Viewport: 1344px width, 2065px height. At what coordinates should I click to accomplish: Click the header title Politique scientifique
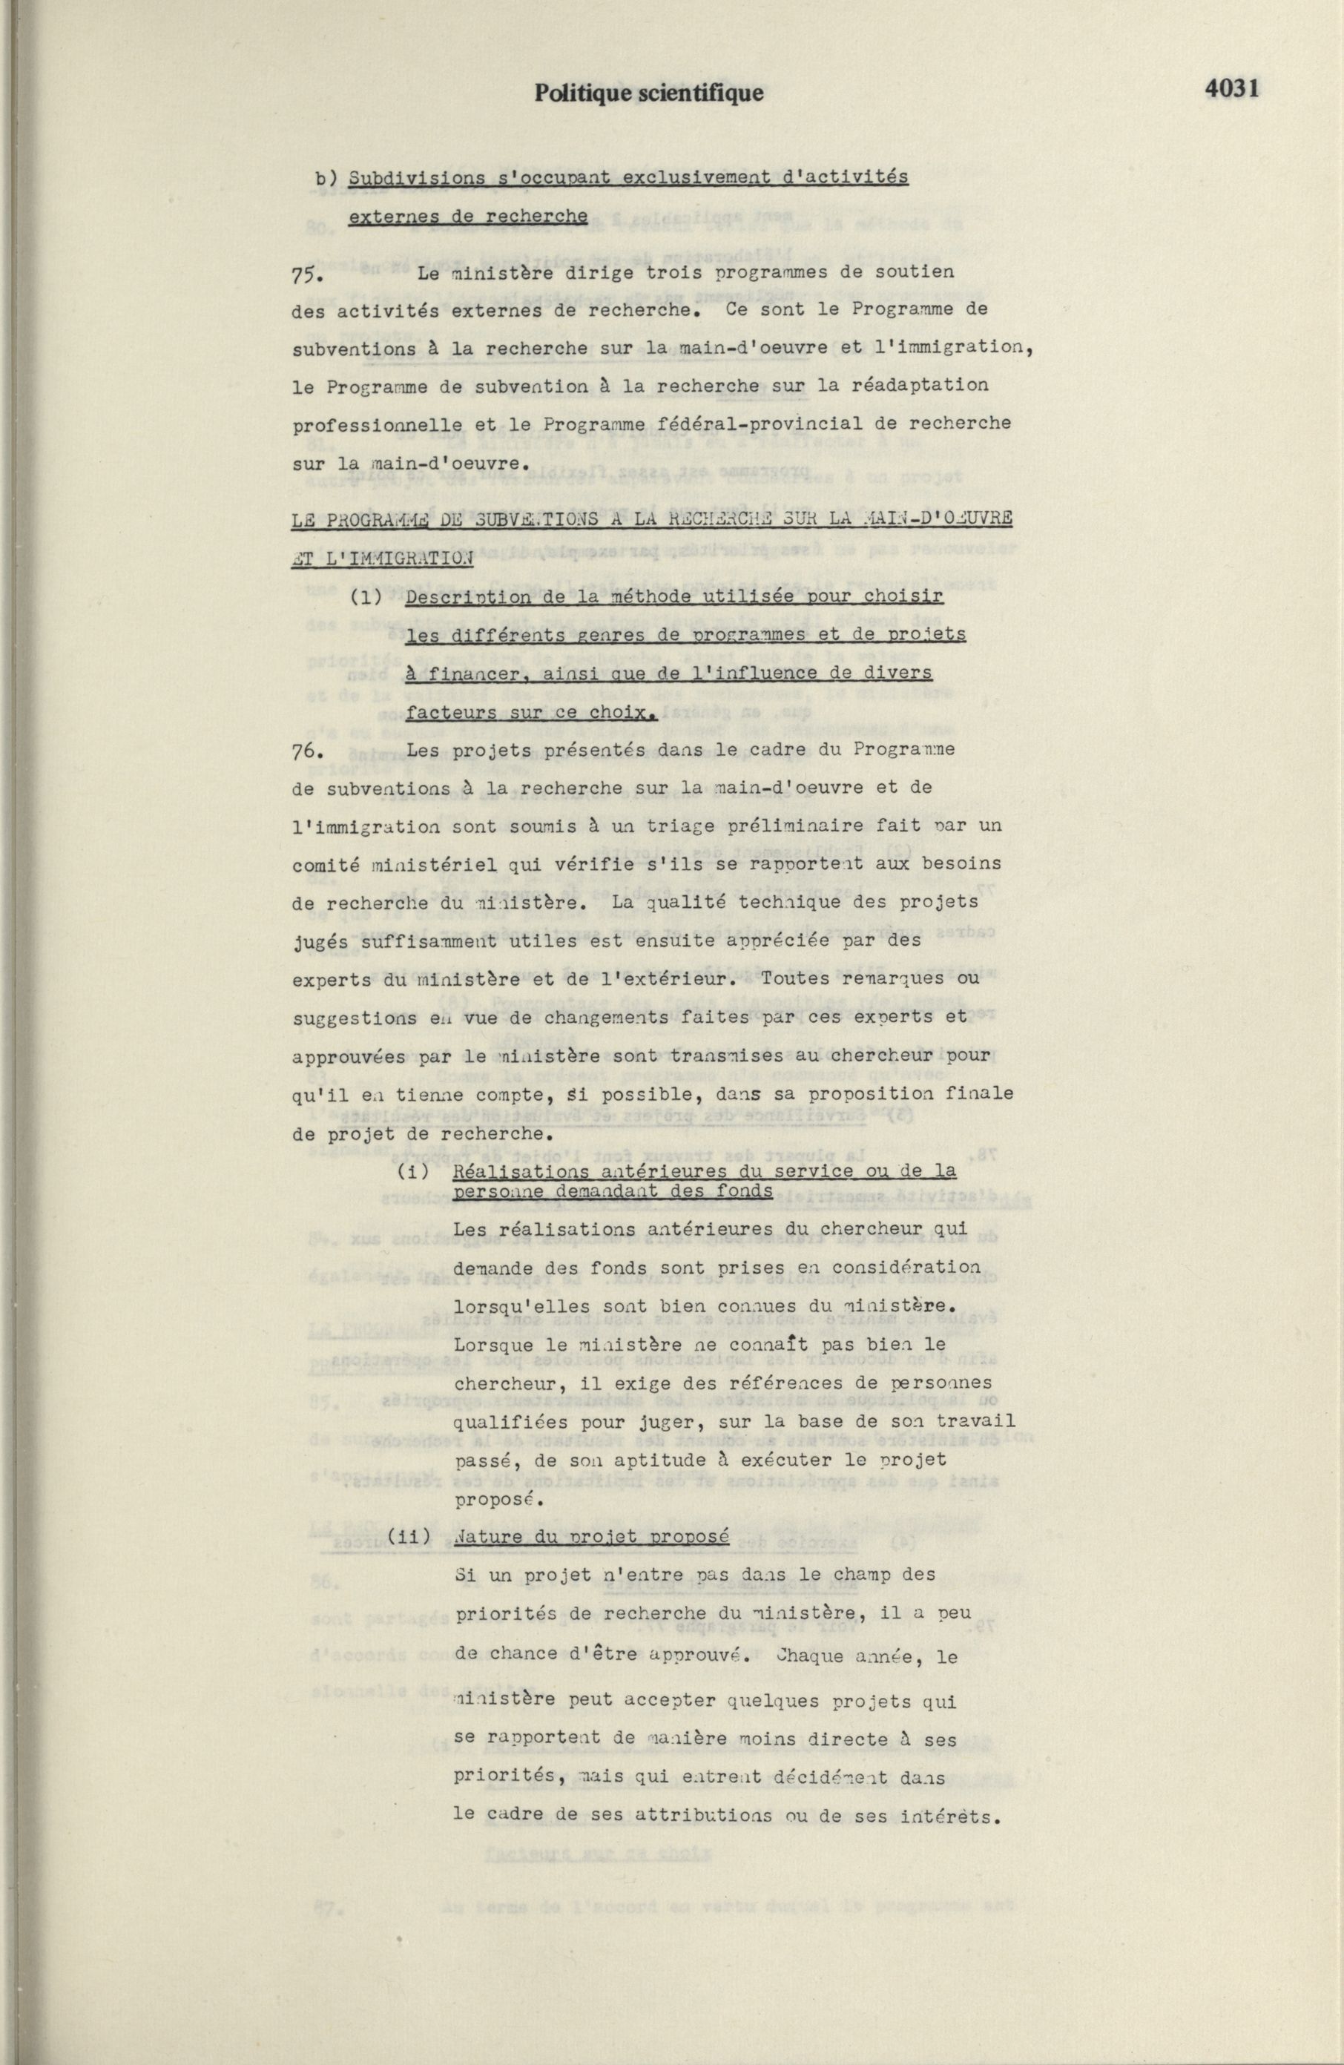[649, 93]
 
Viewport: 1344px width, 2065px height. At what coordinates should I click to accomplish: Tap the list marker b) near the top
[326, 179]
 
